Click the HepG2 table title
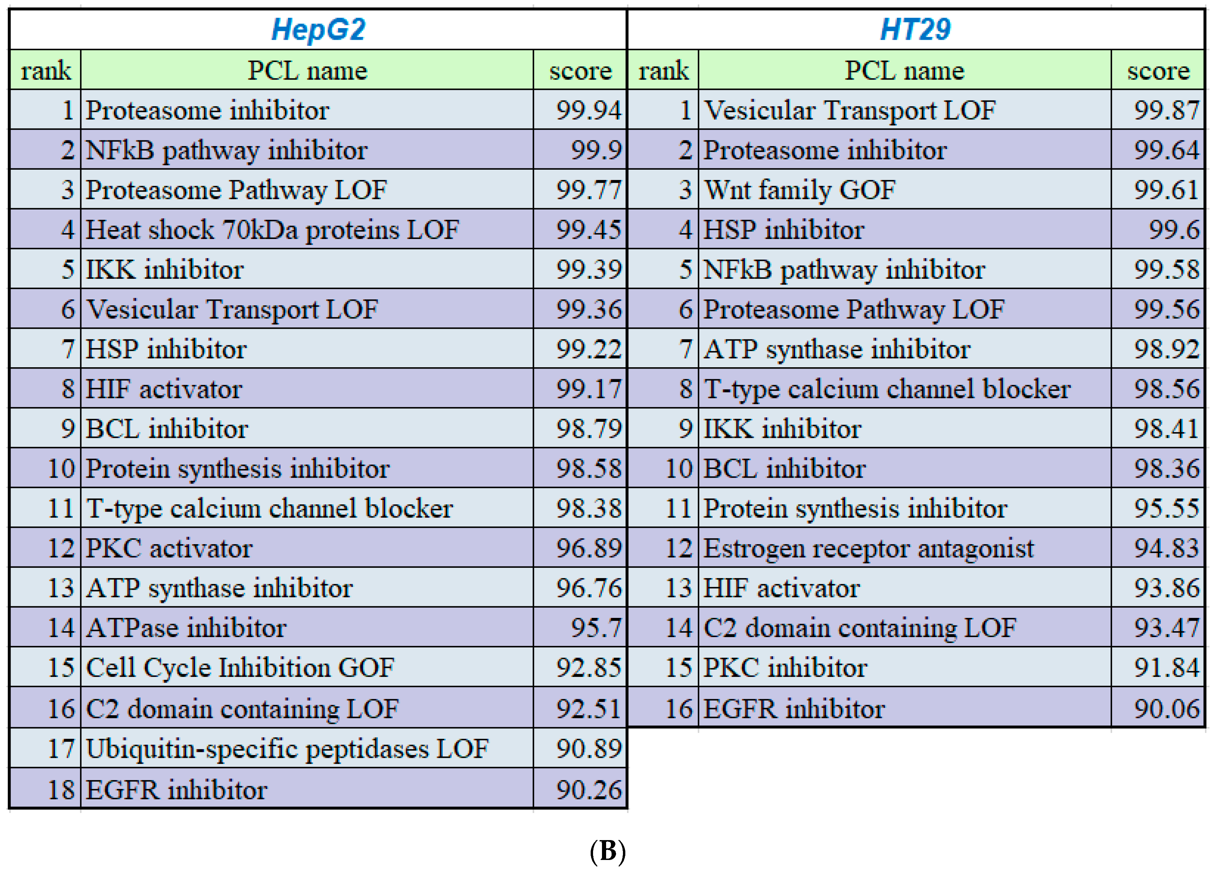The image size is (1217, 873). (x=318, y=29)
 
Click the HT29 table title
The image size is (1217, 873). (x=915, y=29)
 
